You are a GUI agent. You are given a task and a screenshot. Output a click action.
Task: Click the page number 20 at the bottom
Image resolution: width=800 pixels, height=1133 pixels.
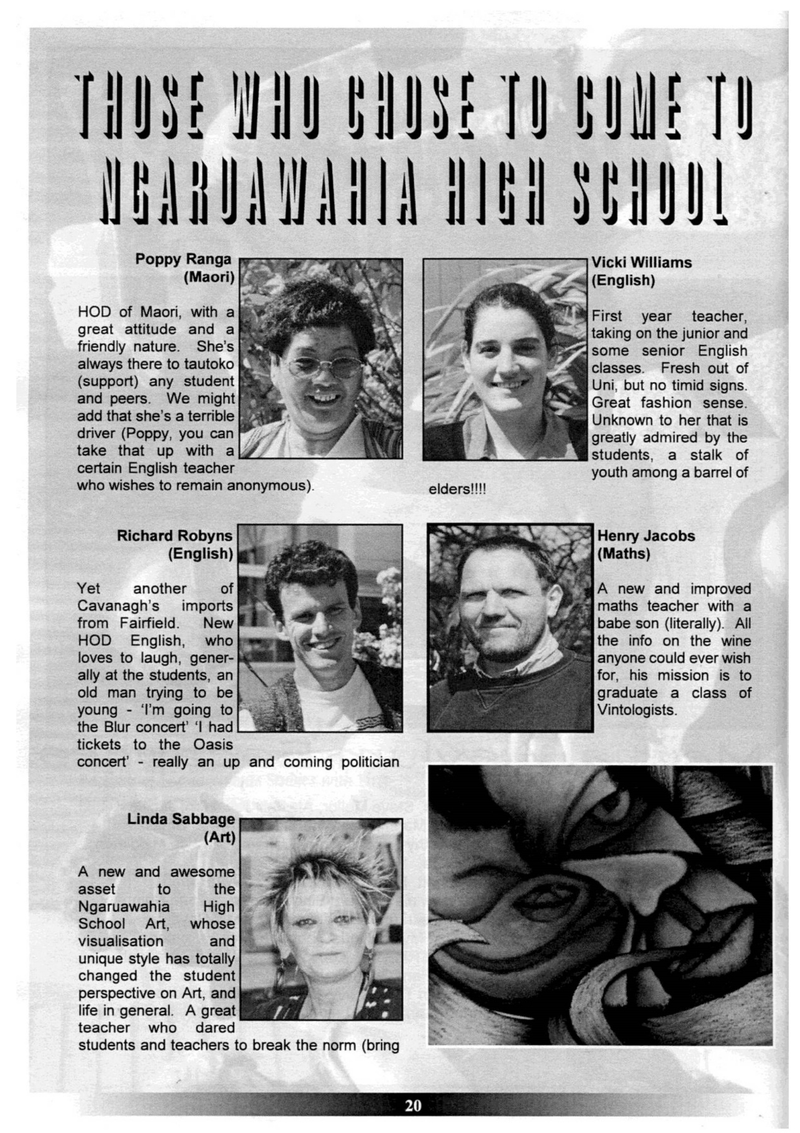coord(413,1105)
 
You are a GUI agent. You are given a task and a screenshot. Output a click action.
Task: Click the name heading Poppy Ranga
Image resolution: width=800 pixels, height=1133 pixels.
coord(183,259)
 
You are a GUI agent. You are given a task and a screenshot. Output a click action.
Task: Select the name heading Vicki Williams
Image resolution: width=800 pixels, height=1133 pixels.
coord(642,262)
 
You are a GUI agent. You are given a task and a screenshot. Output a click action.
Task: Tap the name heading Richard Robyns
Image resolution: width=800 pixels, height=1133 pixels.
coord(174,536)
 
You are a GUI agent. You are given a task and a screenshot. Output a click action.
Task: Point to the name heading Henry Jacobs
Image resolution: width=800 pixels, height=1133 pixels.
coord(646,536)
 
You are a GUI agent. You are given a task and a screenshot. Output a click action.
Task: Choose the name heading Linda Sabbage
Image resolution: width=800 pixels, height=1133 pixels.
coord(181,819)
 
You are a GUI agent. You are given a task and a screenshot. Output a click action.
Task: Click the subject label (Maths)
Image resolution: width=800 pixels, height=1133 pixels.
coord(623,553)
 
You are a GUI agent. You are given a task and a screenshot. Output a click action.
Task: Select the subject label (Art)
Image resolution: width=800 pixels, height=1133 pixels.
coord(219,837)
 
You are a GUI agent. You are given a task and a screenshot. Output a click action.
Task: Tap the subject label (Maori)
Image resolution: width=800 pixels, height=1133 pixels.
coord(209,277)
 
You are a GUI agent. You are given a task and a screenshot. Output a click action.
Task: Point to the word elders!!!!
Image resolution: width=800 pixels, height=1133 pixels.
coord(457,489)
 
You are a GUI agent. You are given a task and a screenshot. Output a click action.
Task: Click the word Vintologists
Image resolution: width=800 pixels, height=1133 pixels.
coord(636,710)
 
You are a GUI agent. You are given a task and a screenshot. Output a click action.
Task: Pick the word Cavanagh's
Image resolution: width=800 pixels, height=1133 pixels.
coord(118,606)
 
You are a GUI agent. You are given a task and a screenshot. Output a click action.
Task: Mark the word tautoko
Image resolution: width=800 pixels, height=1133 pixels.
coord(208,364)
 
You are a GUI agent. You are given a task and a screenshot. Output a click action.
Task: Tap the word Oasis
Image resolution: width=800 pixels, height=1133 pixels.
coord(213,744)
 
